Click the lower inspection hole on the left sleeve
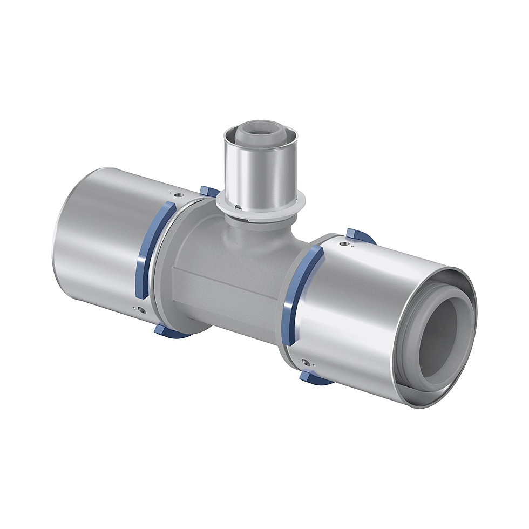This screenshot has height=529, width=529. pos(141,309)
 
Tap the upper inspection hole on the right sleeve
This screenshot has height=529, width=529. pos(343,244)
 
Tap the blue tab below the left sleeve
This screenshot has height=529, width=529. pos(165,329)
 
